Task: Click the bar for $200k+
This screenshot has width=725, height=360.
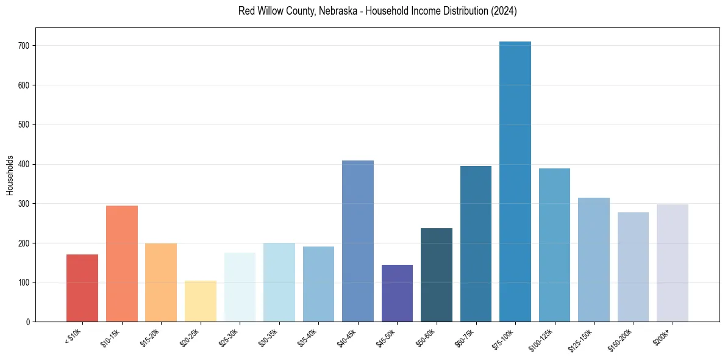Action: pos(672,263)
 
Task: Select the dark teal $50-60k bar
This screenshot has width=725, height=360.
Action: pos(437,275)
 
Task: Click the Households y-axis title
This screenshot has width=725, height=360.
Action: pos(10,175)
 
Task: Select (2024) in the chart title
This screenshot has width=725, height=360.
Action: pos(504,11)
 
